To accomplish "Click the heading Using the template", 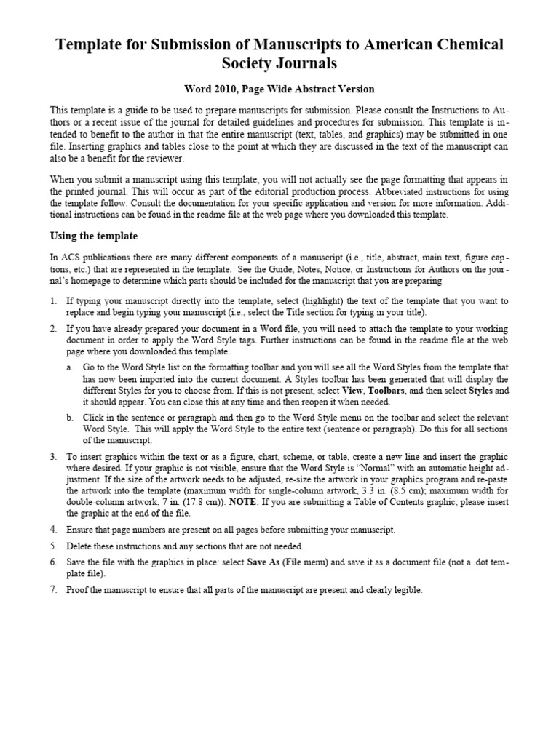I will (93, 236).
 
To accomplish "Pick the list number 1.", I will (53, 300).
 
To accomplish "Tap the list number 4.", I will (53, 530).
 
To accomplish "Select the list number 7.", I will (53, 590).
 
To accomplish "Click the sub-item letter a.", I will (69, 368).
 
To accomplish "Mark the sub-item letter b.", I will (69, 417).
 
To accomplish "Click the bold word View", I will (352, 391).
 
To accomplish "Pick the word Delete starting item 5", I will (79, 546).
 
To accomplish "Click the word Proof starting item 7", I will (78, 590).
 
